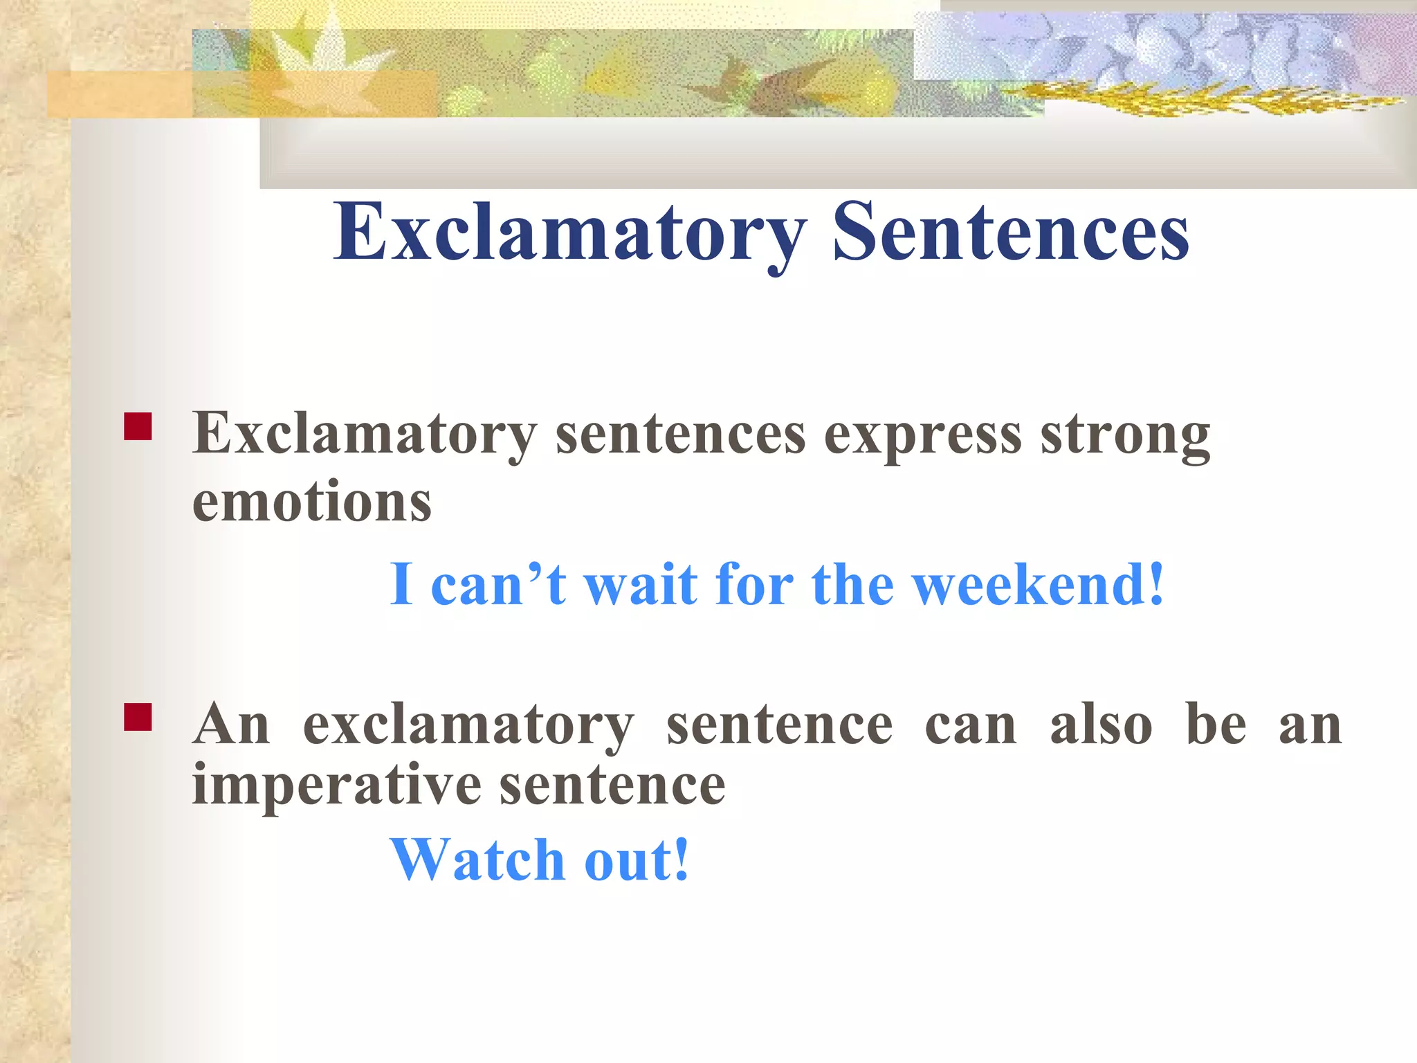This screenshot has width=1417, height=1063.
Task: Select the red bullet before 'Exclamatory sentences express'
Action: pyautogui.click(x=138, y=427)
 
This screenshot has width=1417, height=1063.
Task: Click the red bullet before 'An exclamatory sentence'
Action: pyautogui.click(x=138, y=717)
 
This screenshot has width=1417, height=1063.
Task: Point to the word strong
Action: pyautogui.click(x=1125, y=436)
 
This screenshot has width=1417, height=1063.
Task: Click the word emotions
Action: pyautogui.click(x=311, y=502)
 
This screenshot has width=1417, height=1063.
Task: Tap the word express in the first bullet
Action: pyautogui.click(x=922, y=436)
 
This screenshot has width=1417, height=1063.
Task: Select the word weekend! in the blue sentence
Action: pyautogui.click(x=1038, y=585)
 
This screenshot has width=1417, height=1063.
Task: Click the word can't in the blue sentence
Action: pyautogui.click(x=498, y=585)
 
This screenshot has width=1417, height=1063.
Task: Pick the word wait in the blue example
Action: pyautogui.click(x=641, y=585)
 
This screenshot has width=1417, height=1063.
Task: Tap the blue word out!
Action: pyautogui.click(x=637, y=860)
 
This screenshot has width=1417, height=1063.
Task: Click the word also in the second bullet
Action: pyautogui.click(x=1101, y=725)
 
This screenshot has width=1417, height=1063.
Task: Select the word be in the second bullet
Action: pyautogui.click(x=1216, y=725)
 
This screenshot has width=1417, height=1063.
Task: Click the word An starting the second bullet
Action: pyautogui.click(x=231, y=725)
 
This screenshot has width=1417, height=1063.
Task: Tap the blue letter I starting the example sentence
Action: pyautogui.click(x=402, y=585)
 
